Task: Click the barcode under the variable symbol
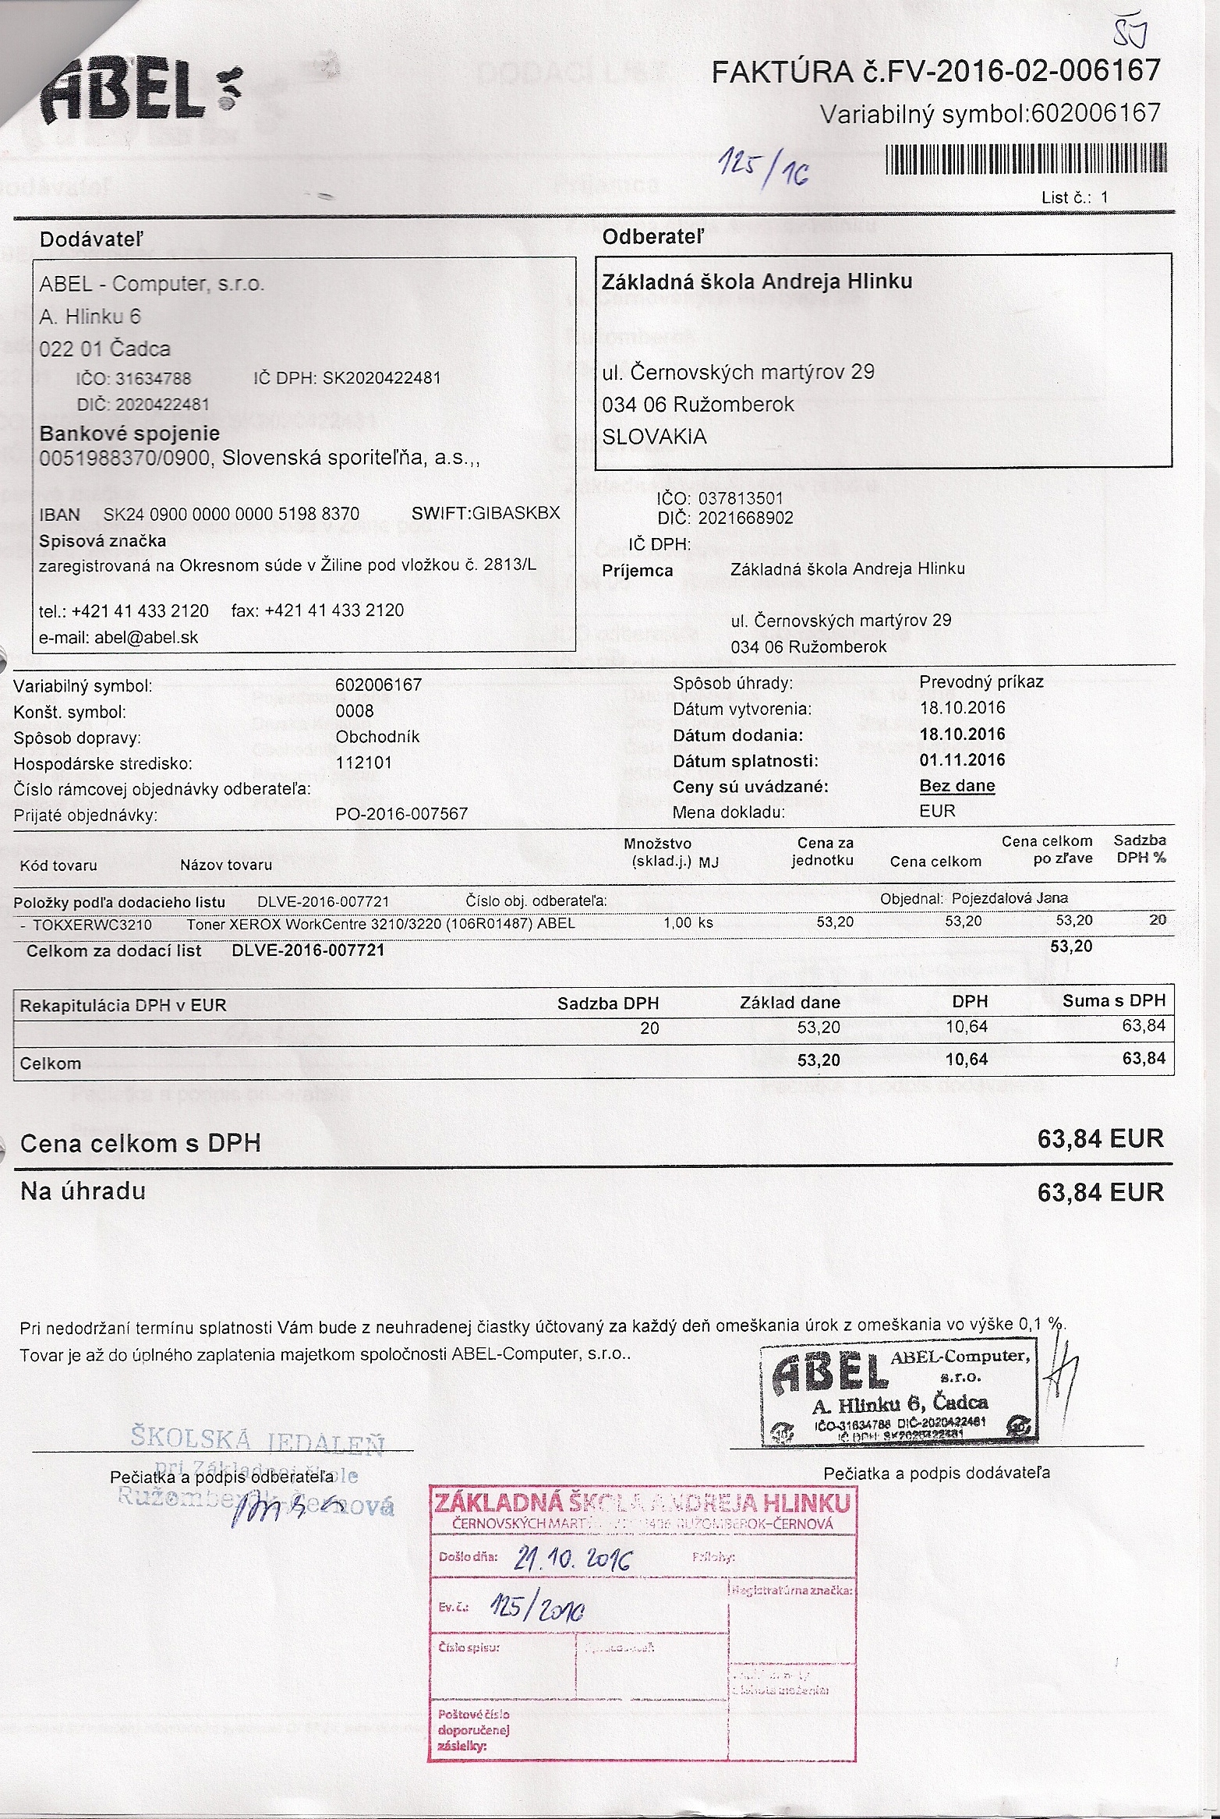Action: (1026, 158)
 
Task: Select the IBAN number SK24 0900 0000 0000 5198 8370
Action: (232, 515)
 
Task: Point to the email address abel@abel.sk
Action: (147, 638)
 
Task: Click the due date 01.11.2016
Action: (962, 760)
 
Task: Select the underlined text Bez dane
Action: (957, 786)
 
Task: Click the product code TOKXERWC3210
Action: (93, 925)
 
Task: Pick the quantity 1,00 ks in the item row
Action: (688, 922)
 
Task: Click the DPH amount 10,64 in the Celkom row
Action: (967, 1060)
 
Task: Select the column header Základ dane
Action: (790, 1003)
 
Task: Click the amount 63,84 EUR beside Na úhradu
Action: (1100, 1192)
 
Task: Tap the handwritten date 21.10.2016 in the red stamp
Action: (573, 1559)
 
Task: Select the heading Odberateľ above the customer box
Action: (652, 237)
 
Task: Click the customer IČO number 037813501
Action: (741, 498)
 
